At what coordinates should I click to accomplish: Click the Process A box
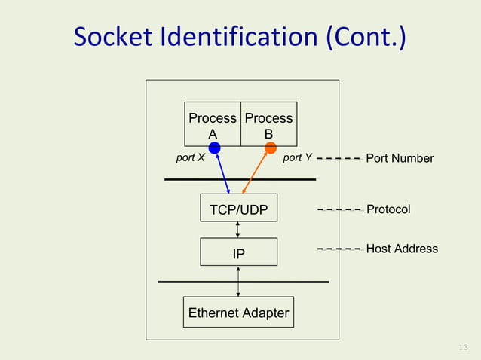[213, 124]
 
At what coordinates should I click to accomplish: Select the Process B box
[268, 124]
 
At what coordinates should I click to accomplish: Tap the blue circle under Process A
[214, 148]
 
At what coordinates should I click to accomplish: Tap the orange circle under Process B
[271, 148]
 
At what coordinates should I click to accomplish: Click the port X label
[190, 158]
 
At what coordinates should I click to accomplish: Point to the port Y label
[297, 158]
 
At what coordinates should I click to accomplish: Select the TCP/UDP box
[238, 209]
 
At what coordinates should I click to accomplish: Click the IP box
[238, 253]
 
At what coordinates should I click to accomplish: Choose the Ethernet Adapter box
[238, 313]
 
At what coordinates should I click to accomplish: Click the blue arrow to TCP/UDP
[222, 173]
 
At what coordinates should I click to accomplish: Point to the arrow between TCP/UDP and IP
[238, 230]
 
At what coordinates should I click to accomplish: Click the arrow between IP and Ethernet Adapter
[238, 282]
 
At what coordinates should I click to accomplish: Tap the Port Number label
[400, 158]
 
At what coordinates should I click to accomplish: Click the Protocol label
[388, 209]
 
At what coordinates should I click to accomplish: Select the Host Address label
[402, 249]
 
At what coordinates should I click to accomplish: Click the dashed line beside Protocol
[339, 209]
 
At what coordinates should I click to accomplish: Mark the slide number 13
[464, 347]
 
